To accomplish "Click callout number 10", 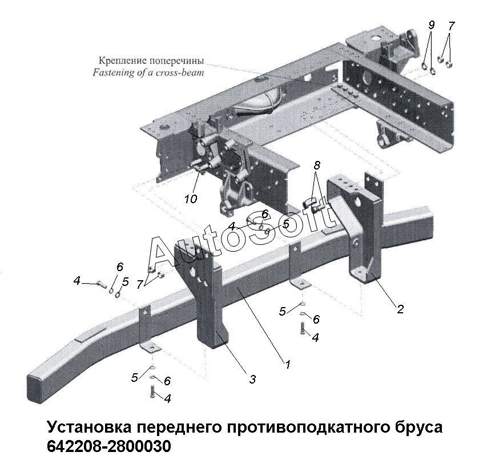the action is click(191, 199).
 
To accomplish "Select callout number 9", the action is click(431, 25).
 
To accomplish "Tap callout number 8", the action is click(317, 166).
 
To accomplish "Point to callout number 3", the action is click(252, 379).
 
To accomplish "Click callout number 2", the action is click(400, 309).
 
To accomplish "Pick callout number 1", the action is click(288, 364).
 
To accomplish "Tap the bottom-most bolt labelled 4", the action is click(152, 391).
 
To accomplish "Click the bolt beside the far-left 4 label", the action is click(102, 284).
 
